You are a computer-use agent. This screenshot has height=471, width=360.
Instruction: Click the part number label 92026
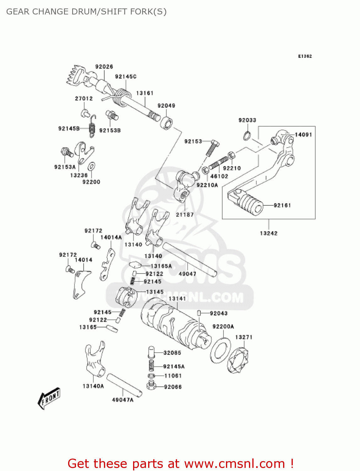104,67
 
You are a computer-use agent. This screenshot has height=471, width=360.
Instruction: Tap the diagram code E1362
305,56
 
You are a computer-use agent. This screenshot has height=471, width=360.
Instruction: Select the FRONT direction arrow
49,398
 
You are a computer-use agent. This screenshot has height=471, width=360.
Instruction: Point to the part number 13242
269,233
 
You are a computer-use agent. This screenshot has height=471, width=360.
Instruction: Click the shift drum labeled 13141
173,323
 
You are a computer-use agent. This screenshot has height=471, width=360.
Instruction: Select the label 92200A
223,327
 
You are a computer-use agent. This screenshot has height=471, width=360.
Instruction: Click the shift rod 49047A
124,385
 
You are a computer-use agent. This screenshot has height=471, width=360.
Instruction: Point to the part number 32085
172,353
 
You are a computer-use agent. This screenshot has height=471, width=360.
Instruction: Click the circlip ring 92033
247,136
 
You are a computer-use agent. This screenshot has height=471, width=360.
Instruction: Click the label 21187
185,215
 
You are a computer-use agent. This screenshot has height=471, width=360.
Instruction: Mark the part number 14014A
111,237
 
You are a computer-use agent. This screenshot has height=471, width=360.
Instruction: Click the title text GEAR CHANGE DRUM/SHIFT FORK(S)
86,12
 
